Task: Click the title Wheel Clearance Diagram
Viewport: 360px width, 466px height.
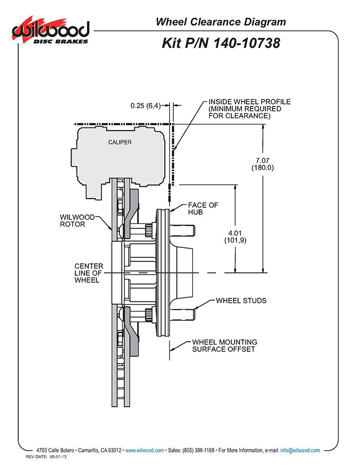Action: point(221,22)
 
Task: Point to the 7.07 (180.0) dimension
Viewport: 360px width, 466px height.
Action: point(262,164)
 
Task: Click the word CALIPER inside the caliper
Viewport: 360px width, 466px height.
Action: point(119,142)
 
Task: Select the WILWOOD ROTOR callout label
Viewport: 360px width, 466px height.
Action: point(78,220)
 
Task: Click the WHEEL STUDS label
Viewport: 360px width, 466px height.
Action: point(241,300)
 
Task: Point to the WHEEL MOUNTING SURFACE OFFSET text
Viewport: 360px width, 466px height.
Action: point(224,346)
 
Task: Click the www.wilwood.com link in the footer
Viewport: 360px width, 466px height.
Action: point(145,450)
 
